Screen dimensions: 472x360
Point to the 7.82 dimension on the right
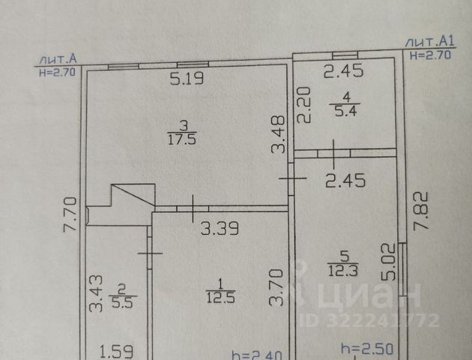(421, 209)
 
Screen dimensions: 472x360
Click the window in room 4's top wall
(343, 54)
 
